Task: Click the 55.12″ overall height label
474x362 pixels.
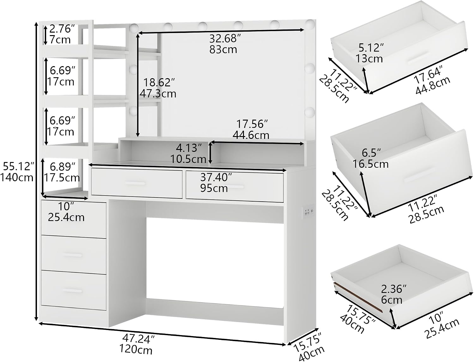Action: pyautogui.click(x=19, y=166)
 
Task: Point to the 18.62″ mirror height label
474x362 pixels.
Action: pyautogui.click(x=159, y=82)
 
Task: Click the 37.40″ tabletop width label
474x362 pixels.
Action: pyautogui.click(x=216, y=177)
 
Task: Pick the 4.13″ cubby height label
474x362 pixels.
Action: pyautogui.click(x=189, y=148)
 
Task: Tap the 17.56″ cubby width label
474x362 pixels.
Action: pyautogui.click(x=252, y=124)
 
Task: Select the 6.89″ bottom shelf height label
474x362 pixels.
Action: pyautogui.click(x=63, y=167)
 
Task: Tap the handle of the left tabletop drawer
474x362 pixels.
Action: pyautogui.click(x=135, y=184)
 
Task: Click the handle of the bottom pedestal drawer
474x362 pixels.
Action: pyautogui.click(x=72, y=290)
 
